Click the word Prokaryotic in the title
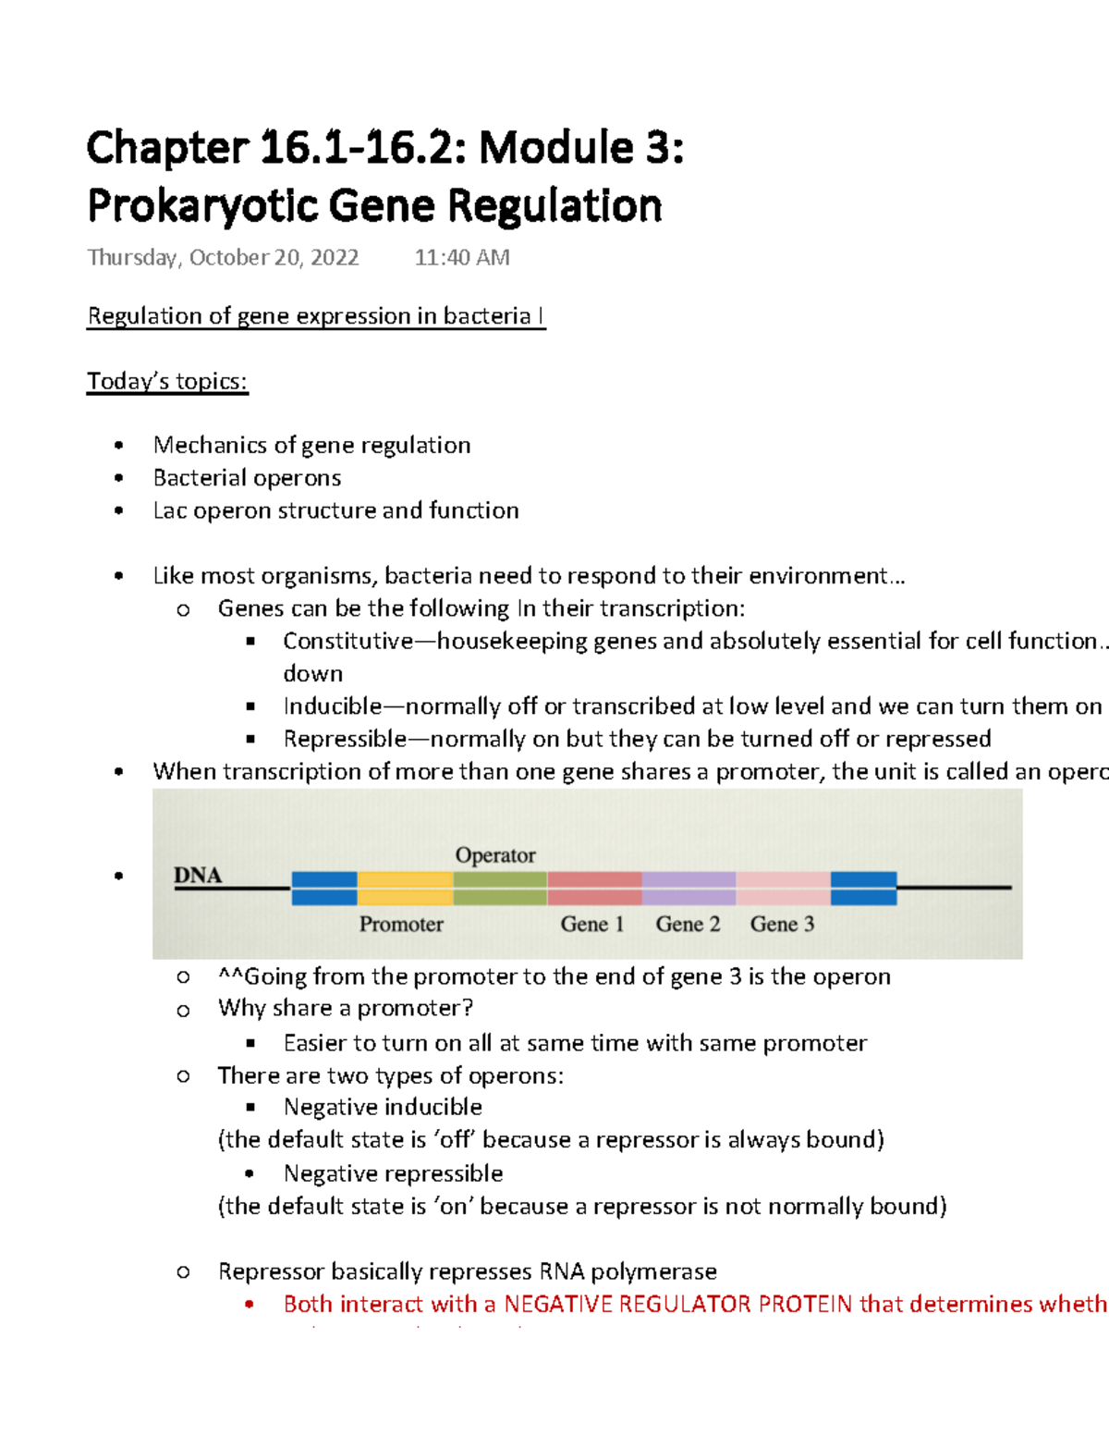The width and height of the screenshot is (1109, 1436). (x=203, y=205)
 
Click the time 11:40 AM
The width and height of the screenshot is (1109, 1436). (x=462, y=258)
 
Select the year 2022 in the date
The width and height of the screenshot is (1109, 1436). (x=335, y=258)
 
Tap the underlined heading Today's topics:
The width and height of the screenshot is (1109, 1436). (x=167, y=381)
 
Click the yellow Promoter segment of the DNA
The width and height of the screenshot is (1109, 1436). (x=405, y=888)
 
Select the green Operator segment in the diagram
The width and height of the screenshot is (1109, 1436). (x=500, y=888)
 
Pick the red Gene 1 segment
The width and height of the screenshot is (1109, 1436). (x=594, y=888)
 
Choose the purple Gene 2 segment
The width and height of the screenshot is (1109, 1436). (x=689, y=888)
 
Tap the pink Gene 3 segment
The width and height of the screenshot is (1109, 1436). (x=783, y=888)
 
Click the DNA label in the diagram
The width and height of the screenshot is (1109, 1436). (x=198, y=875)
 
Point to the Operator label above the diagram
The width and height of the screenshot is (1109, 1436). (x=495, y=855)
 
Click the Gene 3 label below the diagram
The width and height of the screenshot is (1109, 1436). (x=782, y=924)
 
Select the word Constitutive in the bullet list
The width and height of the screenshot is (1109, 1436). (x=348, y=641)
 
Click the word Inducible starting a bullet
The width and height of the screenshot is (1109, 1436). (x=332, y=706)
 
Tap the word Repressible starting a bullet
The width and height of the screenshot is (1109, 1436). (x=344, y=739)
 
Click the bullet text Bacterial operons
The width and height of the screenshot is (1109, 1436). (x=247, y=478)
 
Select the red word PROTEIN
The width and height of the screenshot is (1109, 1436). (x=805, y=1304)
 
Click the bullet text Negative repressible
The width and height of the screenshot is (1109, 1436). (x=393, y=1173)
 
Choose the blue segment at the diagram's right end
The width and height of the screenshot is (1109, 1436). (x=863, y=888)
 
